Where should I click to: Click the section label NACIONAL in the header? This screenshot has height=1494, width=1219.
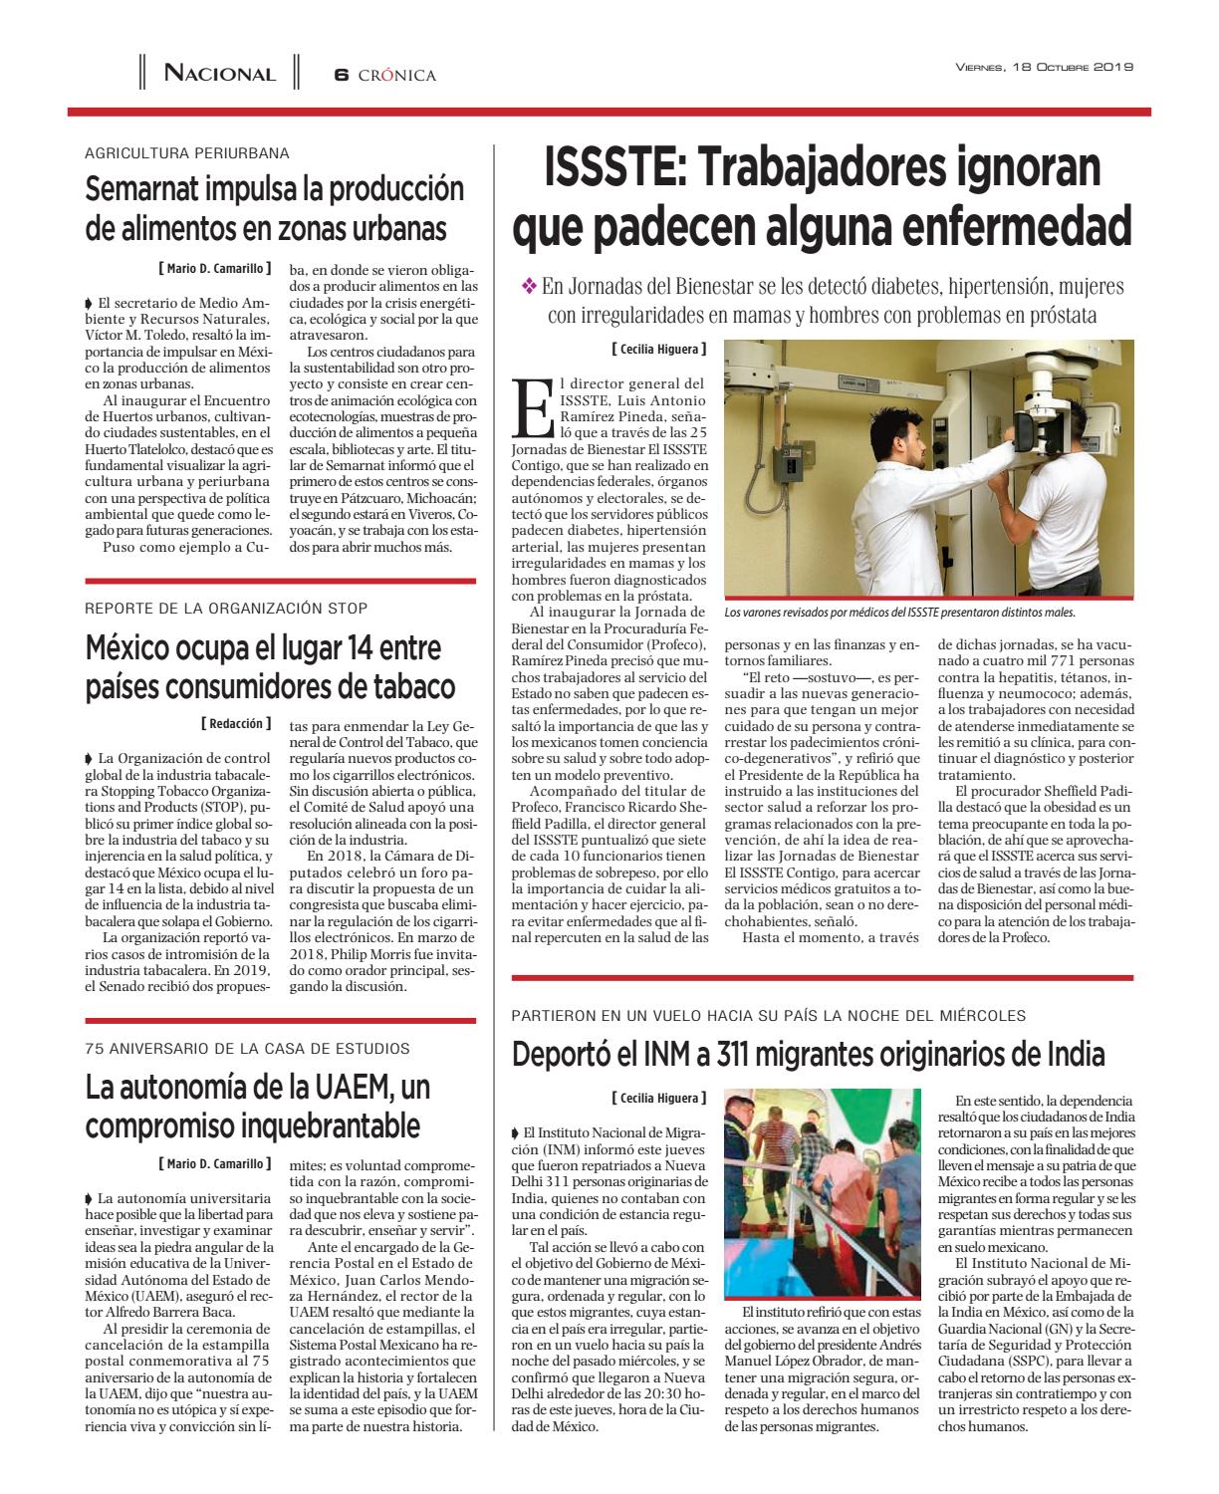point(219,74)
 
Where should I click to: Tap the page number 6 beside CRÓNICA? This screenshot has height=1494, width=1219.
point(340,75)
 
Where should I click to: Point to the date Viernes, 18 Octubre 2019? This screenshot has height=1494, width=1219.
point(1045,68)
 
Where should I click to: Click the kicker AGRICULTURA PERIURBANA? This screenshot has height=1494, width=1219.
point(187,153)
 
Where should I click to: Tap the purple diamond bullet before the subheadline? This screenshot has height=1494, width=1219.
point(529,286)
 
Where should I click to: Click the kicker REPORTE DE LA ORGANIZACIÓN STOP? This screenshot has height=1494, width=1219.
point(226,608)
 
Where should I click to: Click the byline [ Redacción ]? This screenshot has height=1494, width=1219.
point(235,723)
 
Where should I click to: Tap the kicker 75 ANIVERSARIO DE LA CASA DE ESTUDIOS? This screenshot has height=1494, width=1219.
point(247,1048)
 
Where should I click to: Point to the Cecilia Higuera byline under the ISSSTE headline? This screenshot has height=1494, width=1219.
point(658,350)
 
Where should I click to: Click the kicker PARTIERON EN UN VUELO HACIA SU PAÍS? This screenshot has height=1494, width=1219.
point(768,1016)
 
